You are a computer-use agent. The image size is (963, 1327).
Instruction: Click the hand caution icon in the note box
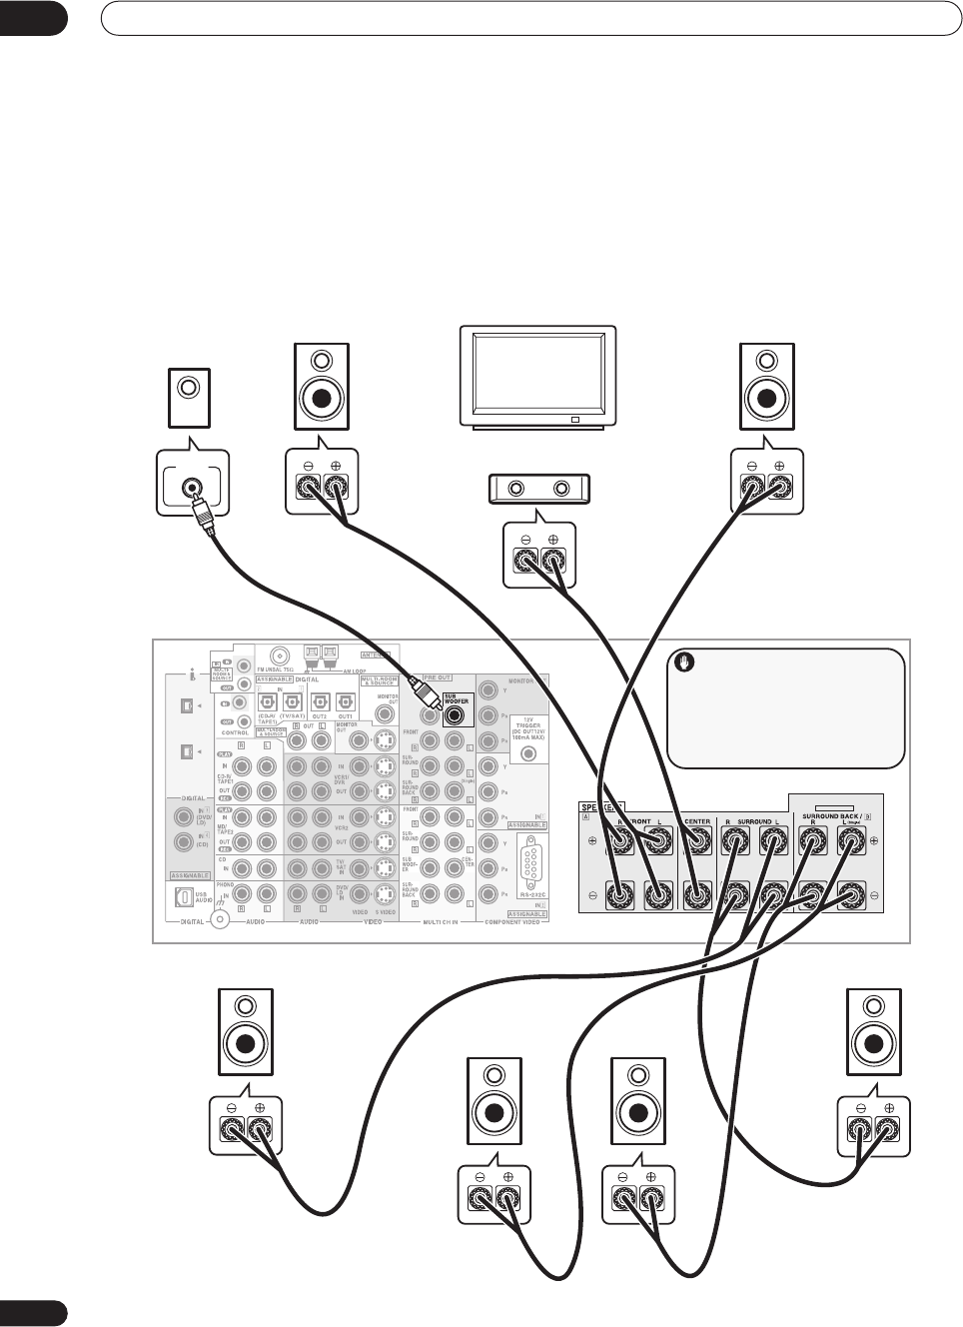(x=685, y=662)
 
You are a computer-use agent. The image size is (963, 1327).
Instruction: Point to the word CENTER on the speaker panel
(x=697, y=821)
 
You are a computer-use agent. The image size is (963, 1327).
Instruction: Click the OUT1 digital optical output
(x=345, y=701)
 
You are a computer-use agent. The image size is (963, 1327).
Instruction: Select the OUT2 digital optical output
(x=319, y=701)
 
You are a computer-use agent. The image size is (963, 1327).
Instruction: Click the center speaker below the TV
(x=537, y=489)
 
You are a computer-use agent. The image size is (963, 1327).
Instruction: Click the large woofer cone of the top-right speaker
(x=766, y=398)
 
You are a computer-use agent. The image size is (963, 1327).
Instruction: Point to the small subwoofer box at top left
(x=187, y=397)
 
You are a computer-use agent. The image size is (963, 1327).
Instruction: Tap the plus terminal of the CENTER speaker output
(x=696, y=843)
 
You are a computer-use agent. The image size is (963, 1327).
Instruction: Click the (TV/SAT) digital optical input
(x=292, y=701)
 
